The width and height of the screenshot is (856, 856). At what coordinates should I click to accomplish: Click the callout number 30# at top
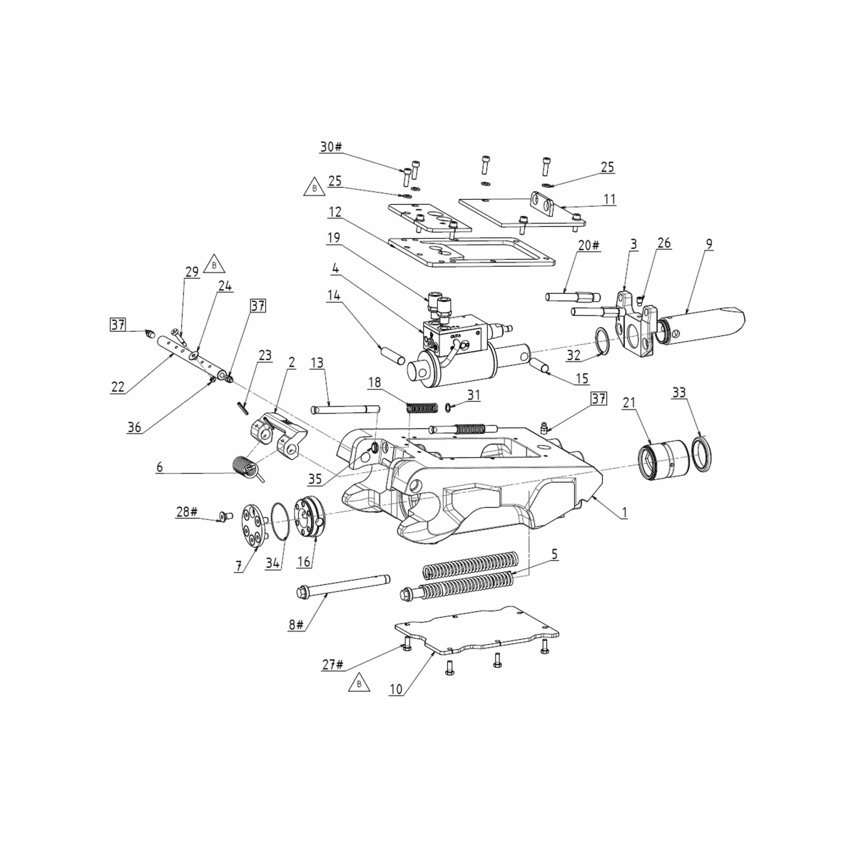tap(331, 147)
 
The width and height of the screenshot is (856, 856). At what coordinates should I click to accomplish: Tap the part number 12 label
tap(335, 212)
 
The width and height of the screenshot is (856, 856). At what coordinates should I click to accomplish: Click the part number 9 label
tap(708, 244)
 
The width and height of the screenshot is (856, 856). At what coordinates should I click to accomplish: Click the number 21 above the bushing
tap(628, 403)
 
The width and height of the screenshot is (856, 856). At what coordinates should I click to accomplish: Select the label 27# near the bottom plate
tap(332, 665)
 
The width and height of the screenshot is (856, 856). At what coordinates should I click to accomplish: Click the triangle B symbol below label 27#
tap(359, 684)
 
